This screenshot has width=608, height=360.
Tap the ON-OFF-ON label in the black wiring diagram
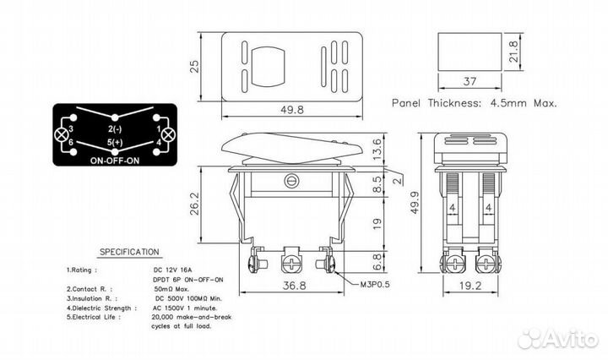point(114,159)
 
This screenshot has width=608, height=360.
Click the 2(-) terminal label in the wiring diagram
point(116,128)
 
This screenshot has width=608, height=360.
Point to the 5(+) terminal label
point(116,144)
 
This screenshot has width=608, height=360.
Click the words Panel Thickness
point(441,101)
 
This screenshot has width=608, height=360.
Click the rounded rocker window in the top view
point(268,67)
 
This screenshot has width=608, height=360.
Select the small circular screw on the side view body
point(293,180)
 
